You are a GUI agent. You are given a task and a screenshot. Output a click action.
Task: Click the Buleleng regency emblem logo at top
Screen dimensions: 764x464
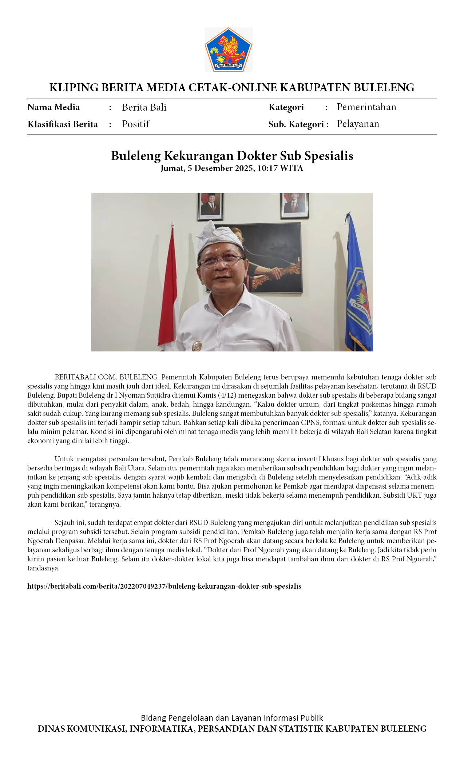coord(228,49)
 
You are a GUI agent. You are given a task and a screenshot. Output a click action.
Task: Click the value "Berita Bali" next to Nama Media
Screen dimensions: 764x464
coord(144,107)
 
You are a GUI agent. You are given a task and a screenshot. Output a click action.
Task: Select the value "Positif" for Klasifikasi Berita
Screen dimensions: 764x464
coord(135,124)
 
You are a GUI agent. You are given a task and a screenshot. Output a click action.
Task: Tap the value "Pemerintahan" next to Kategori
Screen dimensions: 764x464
coord(366,107)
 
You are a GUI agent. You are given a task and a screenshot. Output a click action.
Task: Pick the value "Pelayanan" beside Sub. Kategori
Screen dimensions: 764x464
coord(358,124)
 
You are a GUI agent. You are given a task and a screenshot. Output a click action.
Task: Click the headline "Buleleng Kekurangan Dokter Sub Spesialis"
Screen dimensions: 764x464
coord(232,156)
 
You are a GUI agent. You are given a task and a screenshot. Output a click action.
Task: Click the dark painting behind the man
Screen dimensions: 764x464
coord(277,258)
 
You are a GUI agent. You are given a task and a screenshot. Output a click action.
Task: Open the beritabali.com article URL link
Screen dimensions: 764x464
coord(164,586)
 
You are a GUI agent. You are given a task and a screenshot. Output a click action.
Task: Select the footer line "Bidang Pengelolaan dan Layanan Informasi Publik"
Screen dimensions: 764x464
coord(232,717)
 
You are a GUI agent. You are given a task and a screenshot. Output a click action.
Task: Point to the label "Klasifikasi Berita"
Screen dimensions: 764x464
coord(63,124)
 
